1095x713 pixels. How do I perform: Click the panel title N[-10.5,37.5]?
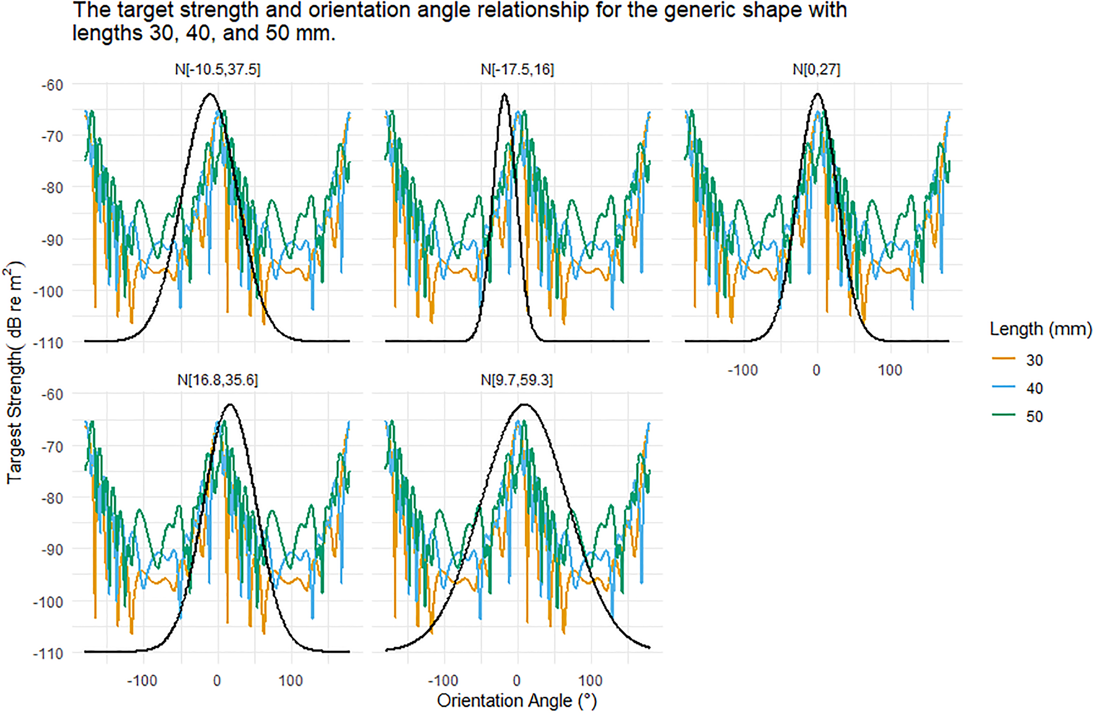coord(218,70)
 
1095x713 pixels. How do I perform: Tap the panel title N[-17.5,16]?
coord(517,70)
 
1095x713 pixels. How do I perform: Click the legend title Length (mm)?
coord(1040,329)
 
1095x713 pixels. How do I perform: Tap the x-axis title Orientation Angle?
coord(516,701)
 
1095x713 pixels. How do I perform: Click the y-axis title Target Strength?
coord(15,373)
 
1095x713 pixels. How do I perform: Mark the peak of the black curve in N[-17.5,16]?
coord(505,94)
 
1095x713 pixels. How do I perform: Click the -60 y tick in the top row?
coord(52,85)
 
